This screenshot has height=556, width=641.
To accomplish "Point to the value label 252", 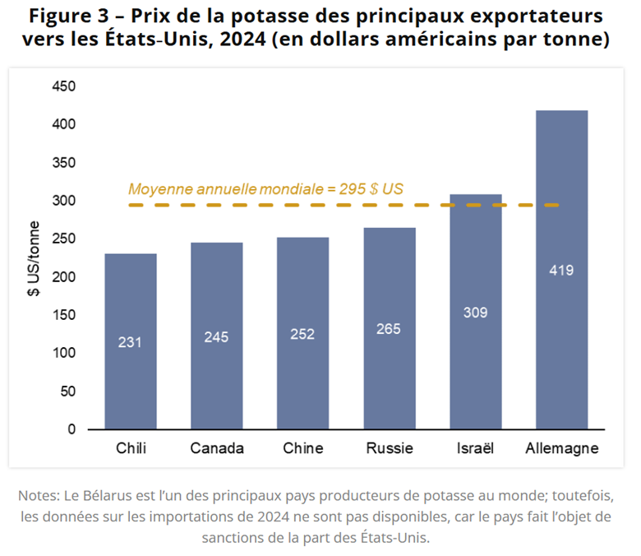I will (303, 334).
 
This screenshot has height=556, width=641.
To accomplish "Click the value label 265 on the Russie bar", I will (389, 329).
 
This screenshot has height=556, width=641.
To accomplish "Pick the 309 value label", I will (476, 313).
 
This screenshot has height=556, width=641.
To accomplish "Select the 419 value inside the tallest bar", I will (562, 270).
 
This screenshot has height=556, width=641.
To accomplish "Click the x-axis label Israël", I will (475, 448).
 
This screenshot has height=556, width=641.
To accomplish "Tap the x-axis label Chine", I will (303, 448).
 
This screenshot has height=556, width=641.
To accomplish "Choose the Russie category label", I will (389, 448).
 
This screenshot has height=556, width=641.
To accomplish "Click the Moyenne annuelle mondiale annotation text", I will (265, 188).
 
